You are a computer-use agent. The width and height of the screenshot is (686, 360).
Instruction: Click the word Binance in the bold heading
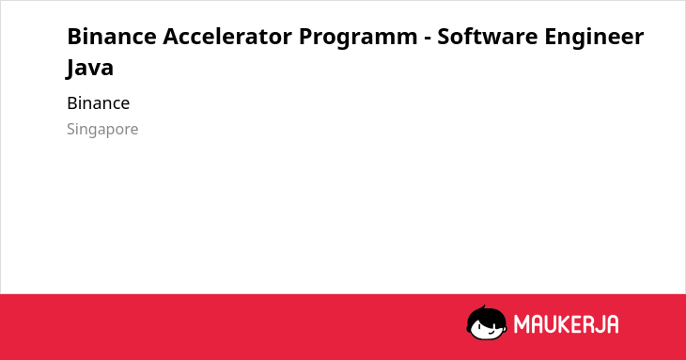[x=112, y=37]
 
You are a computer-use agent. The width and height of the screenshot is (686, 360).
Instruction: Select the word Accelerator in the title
[x=227, y=37]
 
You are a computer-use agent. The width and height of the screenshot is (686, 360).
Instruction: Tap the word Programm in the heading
[x=358, y=39]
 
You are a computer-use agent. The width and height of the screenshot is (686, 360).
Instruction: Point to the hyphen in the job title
[x=428, y=39]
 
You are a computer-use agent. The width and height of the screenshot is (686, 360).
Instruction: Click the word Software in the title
[x=488, y=37]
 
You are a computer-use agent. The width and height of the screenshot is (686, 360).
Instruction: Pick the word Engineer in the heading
[x=594, y=39]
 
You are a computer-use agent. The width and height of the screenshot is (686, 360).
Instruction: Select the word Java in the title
[x=89, y=69]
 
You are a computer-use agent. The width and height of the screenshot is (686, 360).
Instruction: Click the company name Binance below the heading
[x=99, y=103]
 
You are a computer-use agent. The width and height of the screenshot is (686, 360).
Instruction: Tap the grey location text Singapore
[x=102, y=130]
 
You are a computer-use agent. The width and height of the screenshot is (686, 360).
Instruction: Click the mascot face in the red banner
[x=487, y=323]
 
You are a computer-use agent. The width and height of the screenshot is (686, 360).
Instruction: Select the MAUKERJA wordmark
[x=566, y=324]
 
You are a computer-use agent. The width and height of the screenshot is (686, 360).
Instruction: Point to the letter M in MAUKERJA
[x=522, y=324]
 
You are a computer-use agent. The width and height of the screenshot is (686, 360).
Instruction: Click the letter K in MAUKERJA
[x=564, y=324]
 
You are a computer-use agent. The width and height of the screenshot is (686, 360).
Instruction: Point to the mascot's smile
[x=491, y=331]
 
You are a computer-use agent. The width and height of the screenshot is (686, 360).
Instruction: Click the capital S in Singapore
[x=71, y=129]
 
